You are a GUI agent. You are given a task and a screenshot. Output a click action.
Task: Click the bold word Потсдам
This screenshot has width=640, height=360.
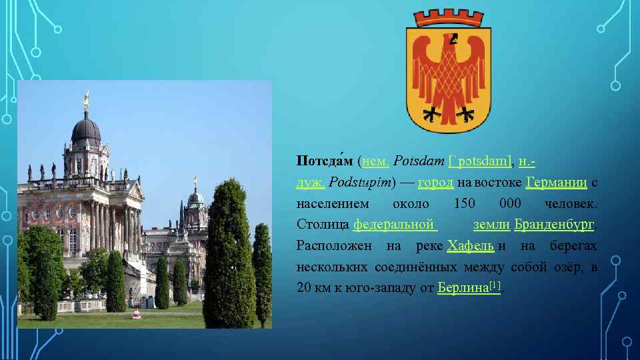point(325,161)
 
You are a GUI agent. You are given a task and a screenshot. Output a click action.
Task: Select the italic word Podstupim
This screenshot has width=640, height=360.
point(361,183)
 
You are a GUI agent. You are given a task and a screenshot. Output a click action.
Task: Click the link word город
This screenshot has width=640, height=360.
point(436,183)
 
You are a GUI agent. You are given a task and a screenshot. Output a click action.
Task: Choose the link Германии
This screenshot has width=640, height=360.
point(556,183)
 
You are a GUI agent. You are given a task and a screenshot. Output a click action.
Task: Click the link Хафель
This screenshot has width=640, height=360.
point(471,246)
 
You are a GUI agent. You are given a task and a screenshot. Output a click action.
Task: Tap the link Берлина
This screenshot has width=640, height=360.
point(463,288)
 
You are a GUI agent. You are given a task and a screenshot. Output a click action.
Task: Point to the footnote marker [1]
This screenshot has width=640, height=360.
point(495,285)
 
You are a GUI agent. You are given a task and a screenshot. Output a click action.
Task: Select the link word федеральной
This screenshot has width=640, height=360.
point(394,225)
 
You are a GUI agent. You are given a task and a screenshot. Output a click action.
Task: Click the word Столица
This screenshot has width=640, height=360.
point(323,225)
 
